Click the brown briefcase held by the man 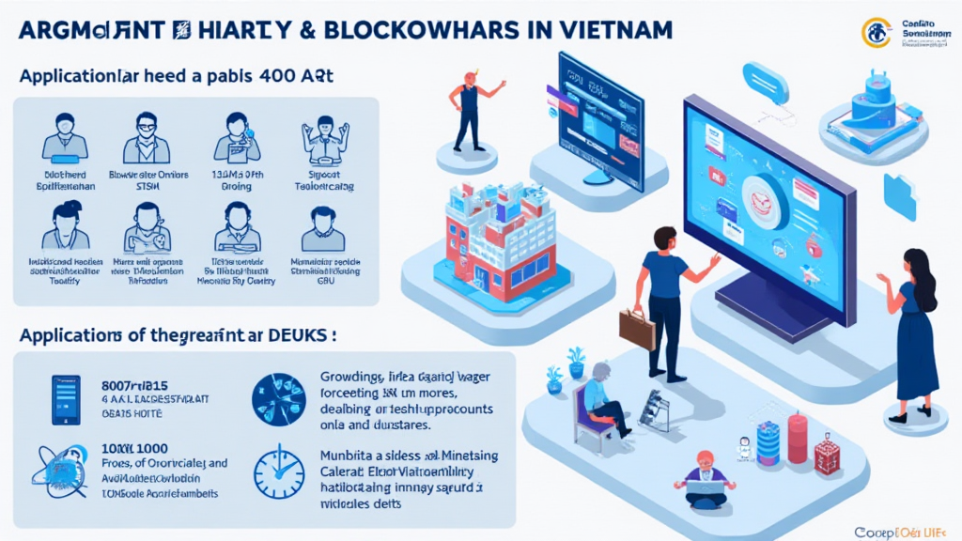(x=636, y=330)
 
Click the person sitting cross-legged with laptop (x=706, y=475)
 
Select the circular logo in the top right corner (x=877, y=32)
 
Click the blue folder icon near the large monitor (x=899, y=198)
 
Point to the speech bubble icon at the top (x=758, y=76)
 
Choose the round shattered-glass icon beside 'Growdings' (x=279, y=395)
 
